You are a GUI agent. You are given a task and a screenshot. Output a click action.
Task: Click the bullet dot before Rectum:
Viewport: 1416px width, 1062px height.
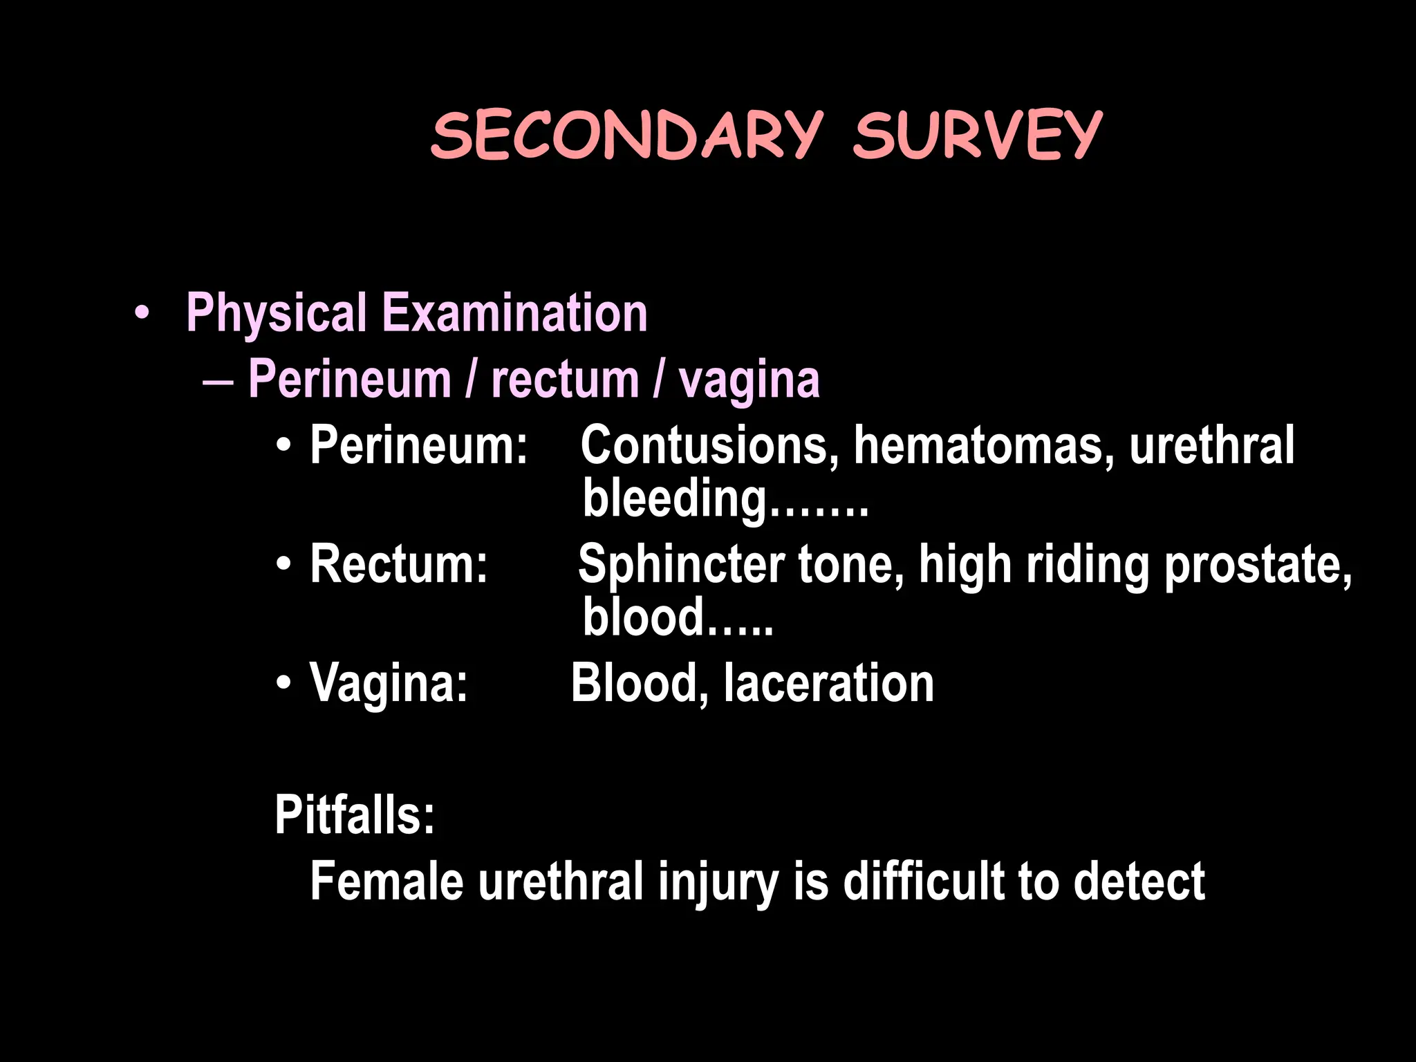283,566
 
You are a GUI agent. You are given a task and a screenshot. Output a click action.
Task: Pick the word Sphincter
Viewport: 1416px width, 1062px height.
681,564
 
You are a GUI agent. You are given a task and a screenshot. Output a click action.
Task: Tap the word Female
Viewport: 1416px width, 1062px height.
386,881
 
